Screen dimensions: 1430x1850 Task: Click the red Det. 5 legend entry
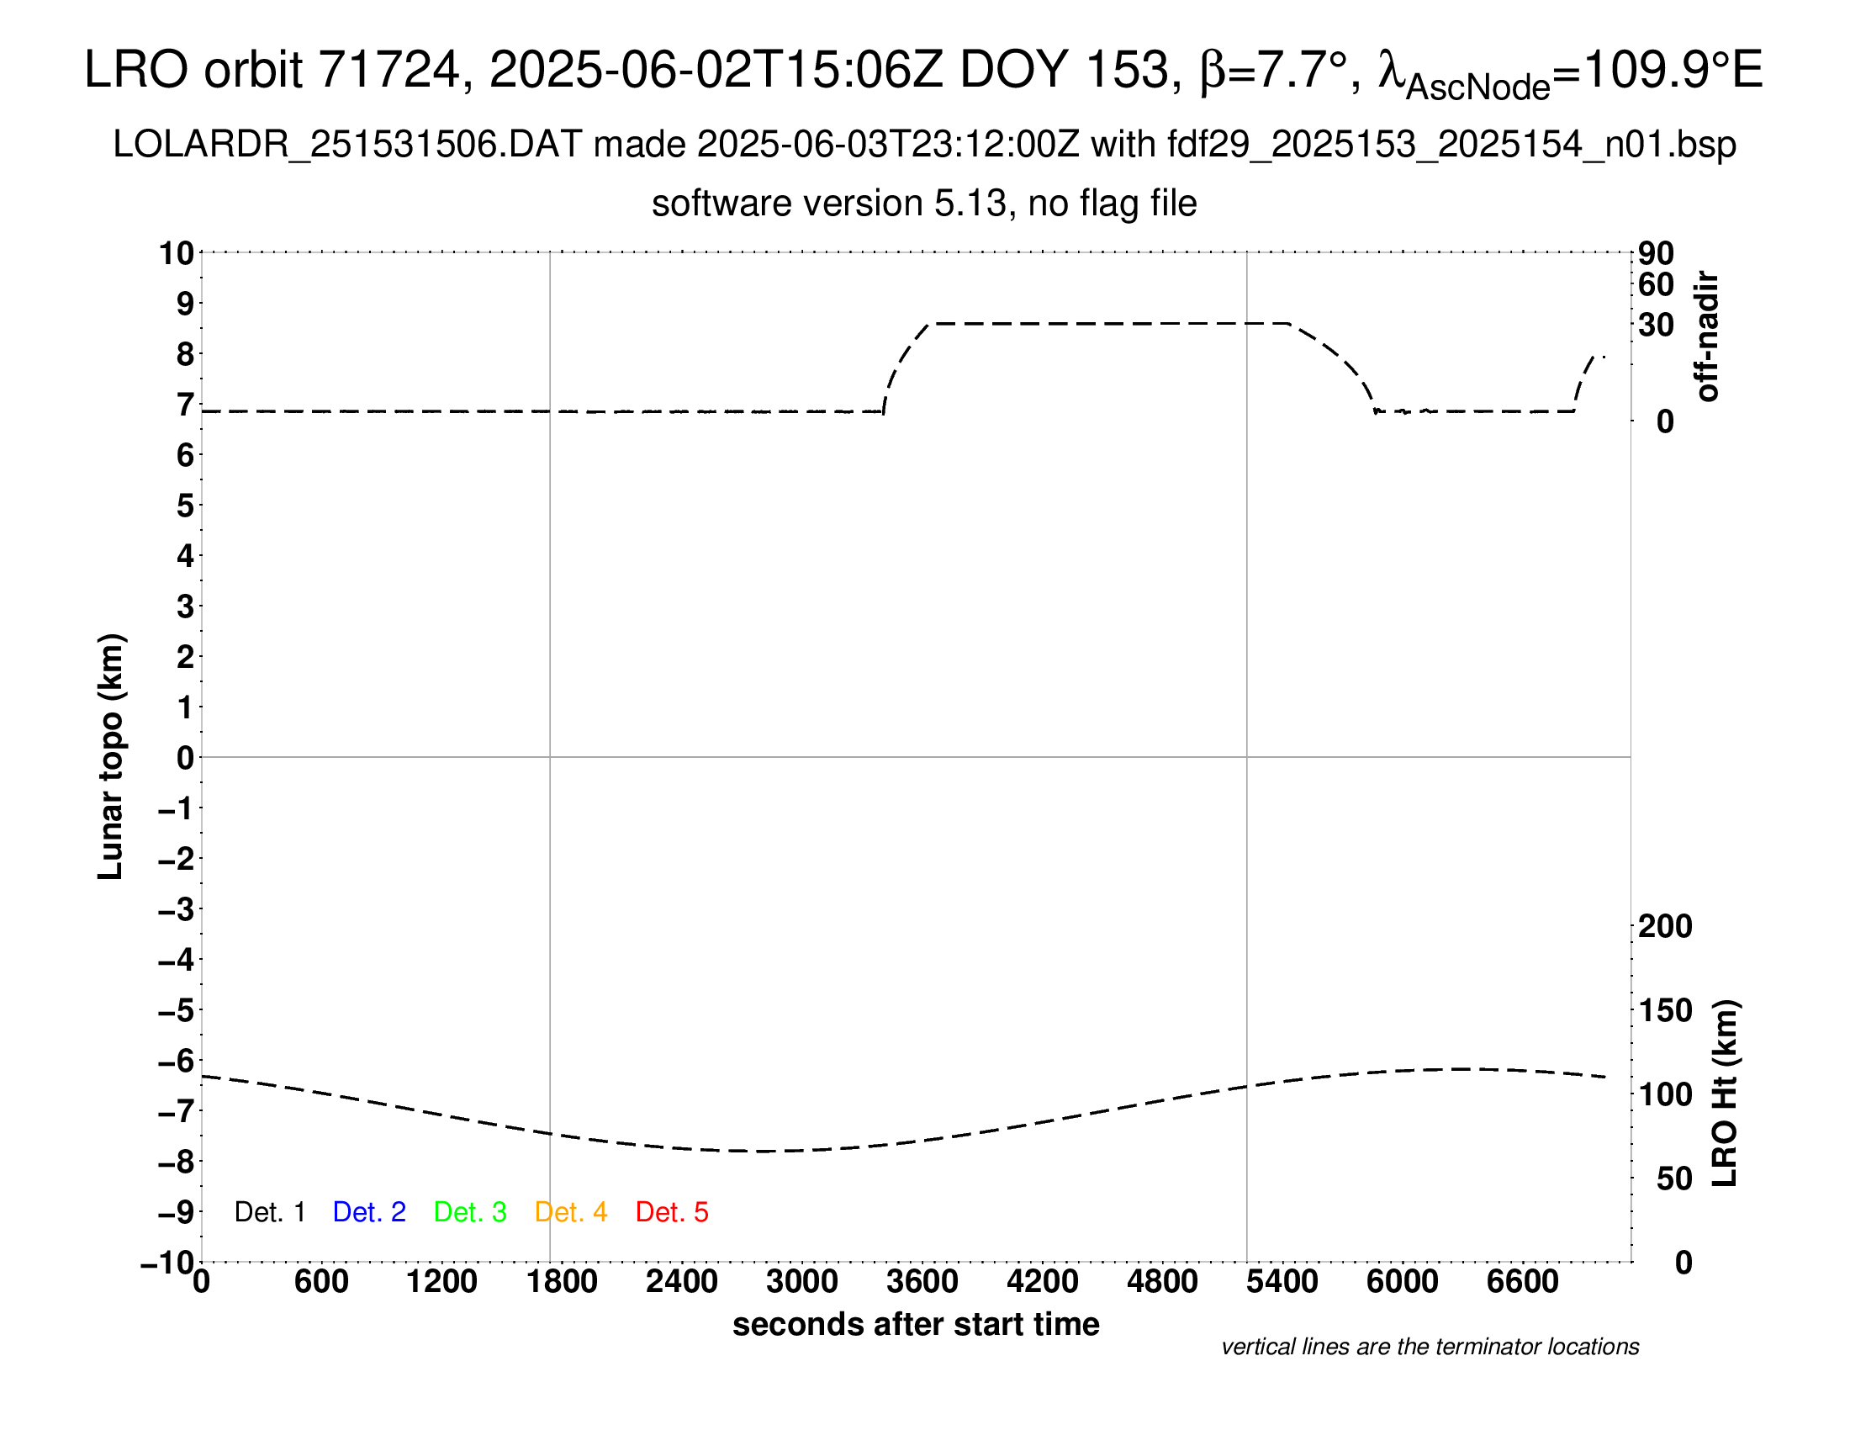(x=672, y=1212)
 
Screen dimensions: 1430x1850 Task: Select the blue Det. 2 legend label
(x=369, y=1212)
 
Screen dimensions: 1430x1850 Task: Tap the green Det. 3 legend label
(x=470, y=1212)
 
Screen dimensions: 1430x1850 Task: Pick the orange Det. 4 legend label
(x=571, y=1212)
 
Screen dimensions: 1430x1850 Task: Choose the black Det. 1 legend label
(x=269, y=1212)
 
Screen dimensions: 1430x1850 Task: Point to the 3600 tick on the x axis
(x=922, y=1282)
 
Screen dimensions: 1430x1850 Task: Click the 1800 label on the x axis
(x=562, y=1282)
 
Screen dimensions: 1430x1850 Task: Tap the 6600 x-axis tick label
(x=1523, y=1282)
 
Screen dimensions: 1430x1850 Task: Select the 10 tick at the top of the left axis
(x=177, y=253)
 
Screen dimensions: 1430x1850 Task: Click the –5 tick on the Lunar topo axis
(x=177, y=1010)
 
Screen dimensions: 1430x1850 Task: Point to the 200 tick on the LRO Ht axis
(x=1665, y=927)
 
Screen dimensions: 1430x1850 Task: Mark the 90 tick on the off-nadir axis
(x=1656, y=253)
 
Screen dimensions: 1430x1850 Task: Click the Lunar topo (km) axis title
(x=111, y=756)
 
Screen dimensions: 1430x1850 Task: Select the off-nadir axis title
(x=1708, y=336)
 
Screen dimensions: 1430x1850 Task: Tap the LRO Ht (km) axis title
(x=1725, y=1094)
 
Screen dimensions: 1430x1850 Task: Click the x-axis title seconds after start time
(x=916, y=1325)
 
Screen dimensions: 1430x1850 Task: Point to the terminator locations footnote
(x=1430, y=1348)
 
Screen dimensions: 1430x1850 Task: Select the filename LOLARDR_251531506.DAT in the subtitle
(x=347, y=145)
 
